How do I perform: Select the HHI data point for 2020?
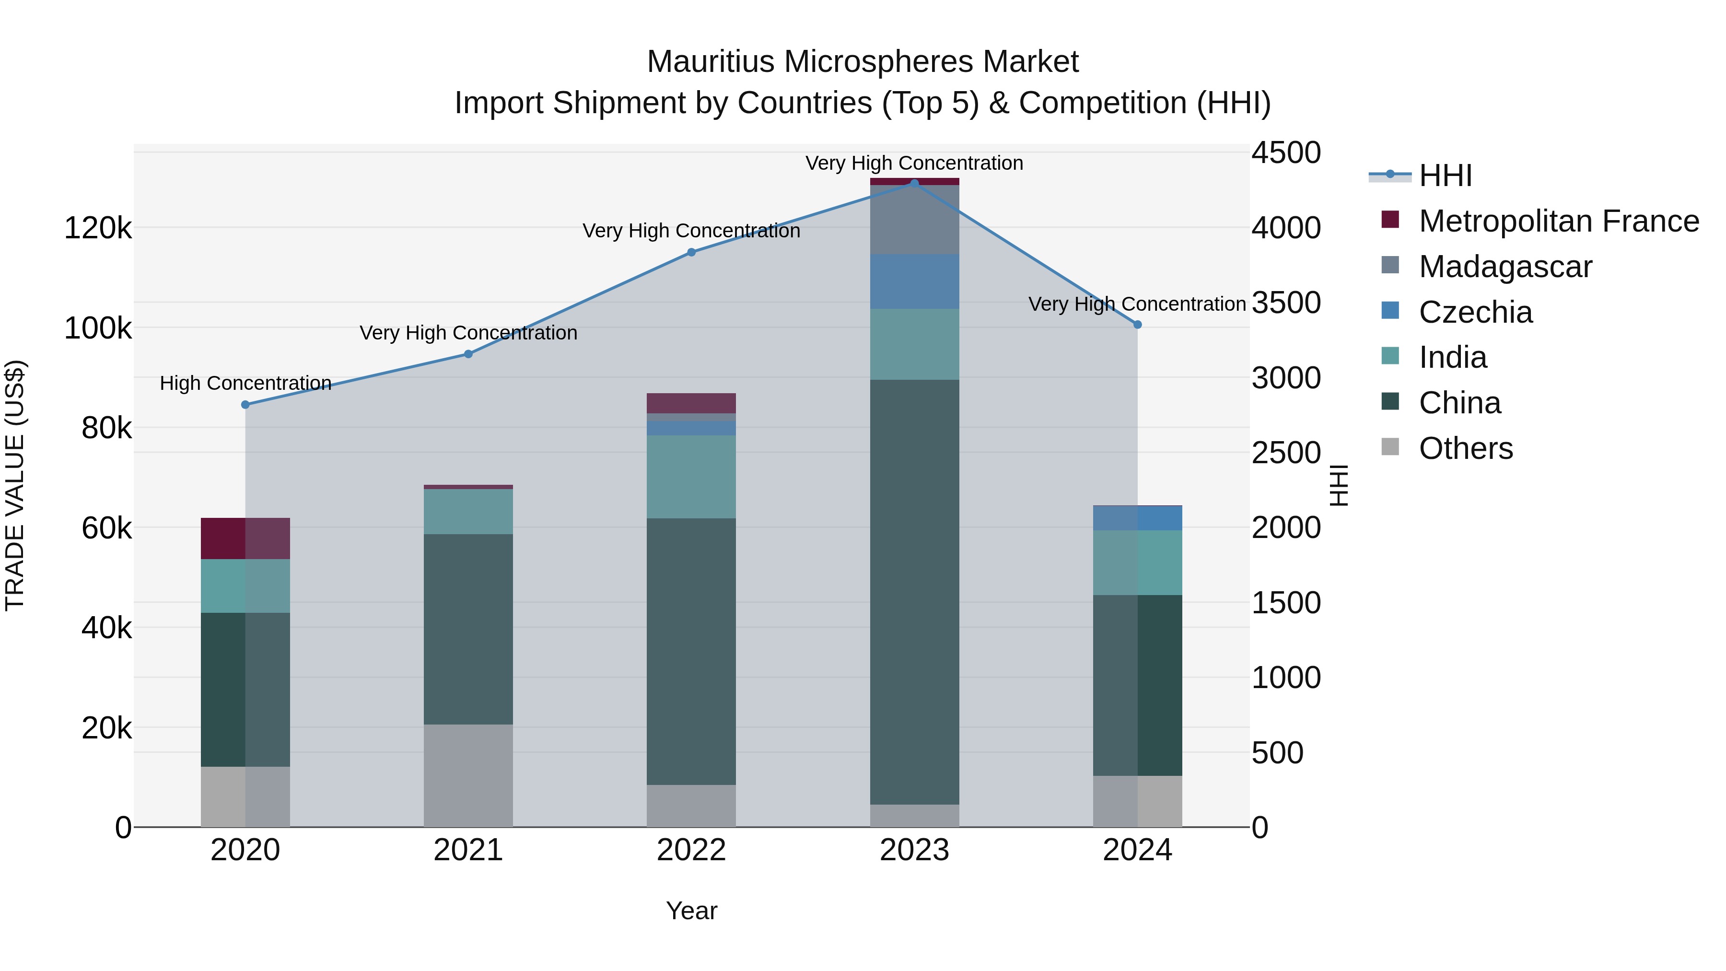click(245, 405)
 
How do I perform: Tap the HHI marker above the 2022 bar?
click(691, 253)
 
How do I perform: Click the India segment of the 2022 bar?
click(691, 477)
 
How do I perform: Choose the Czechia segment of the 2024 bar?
click(1137, 518)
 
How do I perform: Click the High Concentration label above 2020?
click(245, 383)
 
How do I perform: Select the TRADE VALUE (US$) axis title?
click(15, 485)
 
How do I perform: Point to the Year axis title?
click(691, 911)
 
